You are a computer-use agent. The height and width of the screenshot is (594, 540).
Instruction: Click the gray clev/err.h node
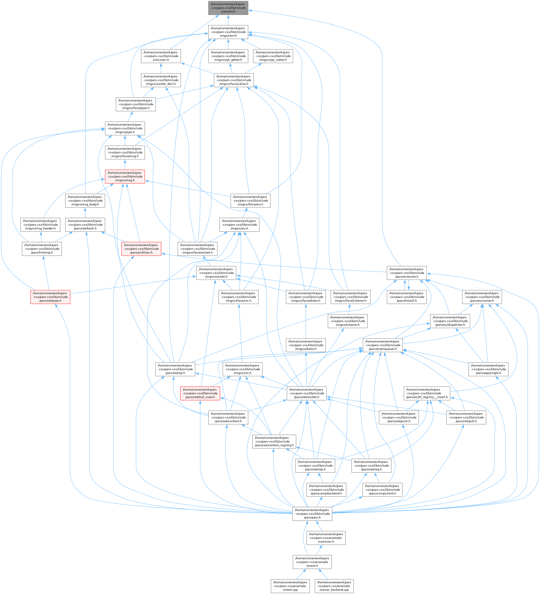[x=228, y=8]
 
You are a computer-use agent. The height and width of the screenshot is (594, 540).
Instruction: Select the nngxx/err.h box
[x=228, y=32]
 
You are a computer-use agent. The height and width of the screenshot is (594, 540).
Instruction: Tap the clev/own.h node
[x=160, y=56]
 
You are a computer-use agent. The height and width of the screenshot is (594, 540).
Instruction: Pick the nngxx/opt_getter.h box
[x=228, y=56]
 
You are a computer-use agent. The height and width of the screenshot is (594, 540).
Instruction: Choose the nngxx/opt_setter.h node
[x=273, y=56]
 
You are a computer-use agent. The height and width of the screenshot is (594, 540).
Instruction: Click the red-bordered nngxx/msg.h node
[x=125, y=176]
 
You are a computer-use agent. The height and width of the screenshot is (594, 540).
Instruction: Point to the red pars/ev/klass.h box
[x=141, y=249]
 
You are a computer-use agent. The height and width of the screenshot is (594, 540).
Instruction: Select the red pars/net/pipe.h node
[x=50, y=297]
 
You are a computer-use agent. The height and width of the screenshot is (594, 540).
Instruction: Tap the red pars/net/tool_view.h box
[x=200, y=393]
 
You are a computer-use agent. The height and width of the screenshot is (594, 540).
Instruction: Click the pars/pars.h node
[x=312, y=514]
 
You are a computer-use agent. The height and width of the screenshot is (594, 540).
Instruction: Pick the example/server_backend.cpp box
[x=334, y=586]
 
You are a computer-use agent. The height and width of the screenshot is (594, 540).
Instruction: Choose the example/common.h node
[x=326, y=538]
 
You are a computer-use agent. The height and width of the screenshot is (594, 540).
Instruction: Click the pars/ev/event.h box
[x=407, y=273]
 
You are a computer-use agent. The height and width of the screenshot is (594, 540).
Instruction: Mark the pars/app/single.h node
[x=488, y=369]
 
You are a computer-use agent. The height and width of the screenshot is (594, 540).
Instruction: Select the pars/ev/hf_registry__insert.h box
[x=427, y=393]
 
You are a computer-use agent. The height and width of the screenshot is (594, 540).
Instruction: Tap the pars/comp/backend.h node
[x=326, y=490]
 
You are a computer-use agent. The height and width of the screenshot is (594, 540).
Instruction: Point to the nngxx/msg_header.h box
[x=40, y=225]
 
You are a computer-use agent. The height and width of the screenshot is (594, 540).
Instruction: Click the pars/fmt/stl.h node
[x=407, y=297]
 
